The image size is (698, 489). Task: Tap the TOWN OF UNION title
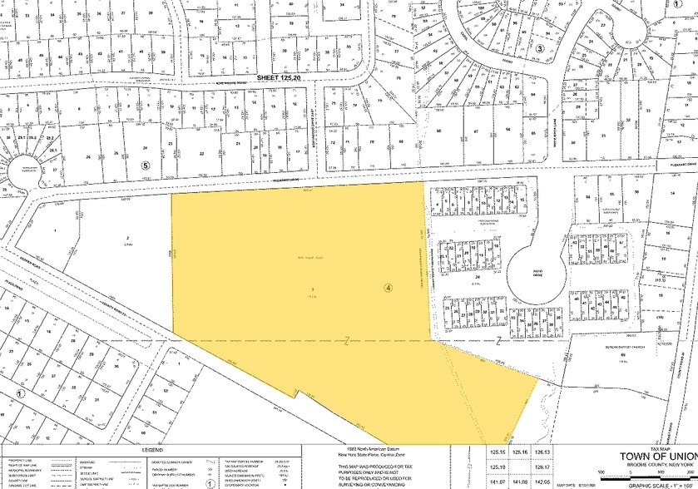(x=652, y=457)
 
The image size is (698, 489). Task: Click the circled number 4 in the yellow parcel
(x=388, y=288)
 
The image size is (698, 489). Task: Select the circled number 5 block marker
(x=146, y=141)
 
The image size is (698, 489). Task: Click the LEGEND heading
(x=154, y=449)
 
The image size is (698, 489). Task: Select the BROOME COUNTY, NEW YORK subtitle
(x=652, y=467)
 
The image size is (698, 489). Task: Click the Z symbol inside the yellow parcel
(x=345, y=341)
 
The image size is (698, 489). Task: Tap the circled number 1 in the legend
(x=210, y=481)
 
